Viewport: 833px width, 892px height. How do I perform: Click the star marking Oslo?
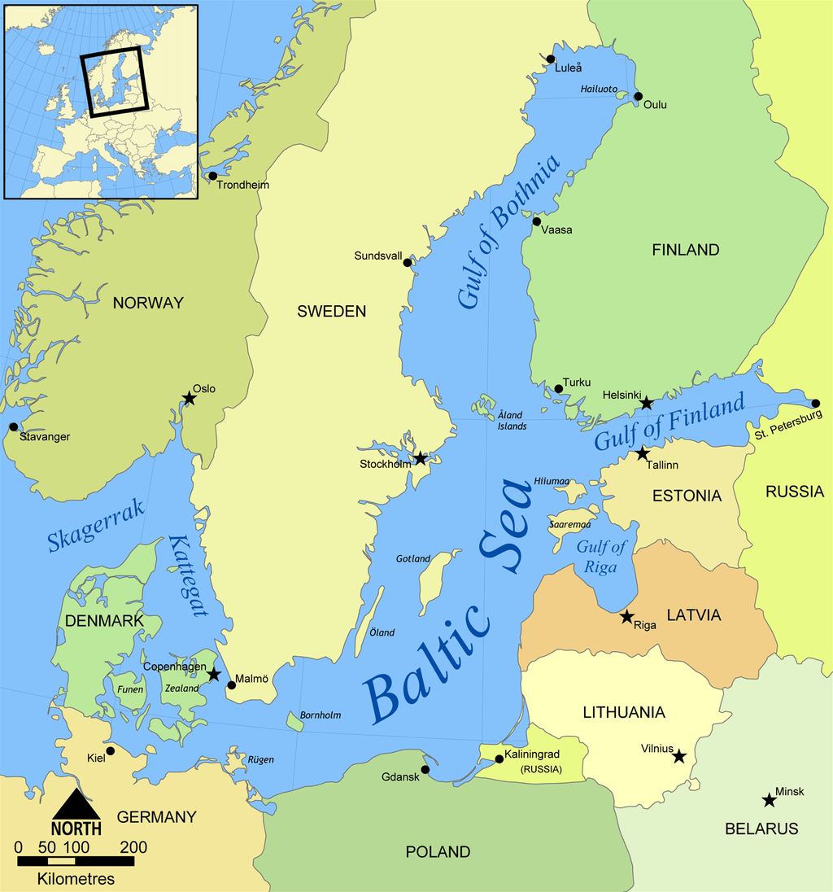(x=189, y=398)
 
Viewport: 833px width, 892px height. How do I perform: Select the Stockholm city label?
(x=386, y=465)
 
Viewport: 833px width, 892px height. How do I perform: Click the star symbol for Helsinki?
(x=646, y=403)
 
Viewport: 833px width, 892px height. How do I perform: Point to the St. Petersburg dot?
(x=816, y=403)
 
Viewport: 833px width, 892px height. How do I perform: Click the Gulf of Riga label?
(x=601, y=557)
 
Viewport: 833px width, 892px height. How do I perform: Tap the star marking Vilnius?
(x=678, y=756)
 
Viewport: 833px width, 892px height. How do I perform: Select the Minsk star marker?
(x=769, y=801)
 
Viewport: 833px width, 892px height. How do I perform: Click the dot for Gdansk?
(x=425, y=769)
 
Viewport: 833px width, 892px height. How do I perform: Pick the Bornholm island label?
(x=321, y=715)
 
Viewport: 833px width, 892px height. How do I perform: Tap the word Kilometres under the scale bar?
(x=76, y=879)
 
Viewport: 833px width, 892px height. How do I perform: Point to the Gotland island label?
(x=412, y=559)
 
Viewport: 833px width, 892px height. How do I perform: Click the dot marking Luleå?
(x=551, y=59)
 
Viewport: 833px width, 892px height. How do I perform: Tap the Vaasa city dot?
(x=537, y=221)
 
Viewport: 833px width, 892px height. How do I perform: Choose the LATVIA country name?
(x=693, y=615)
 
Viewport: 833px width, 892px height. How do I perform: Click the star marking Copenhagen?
(x=213, y=675)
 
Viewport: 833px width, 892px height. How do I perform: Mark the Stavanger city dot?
(x=13, y=426)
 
